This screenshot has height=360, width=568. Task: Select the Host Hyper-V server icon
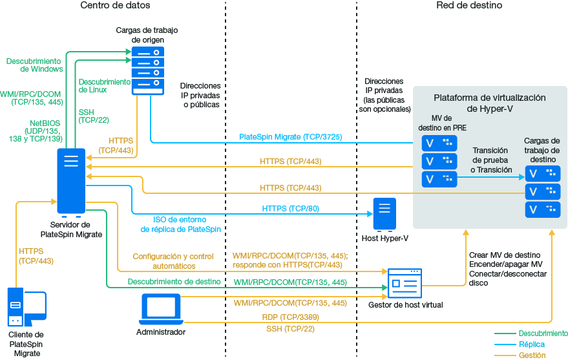[384, 215]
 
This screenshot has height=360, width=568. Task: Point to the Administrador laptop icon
[162, 310]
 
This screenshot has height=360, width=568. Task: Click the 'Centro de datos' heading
[116, 6]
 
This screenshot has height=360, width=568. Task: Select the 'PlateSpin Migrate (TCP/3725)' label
[290, 137]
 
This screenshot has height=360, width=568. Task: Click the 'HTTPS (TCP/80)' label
[290, 209]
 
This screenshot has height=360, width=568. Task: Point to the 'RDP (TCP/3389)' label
[290, 317]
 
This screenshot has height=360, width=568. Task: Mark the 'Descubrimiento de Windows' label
[34, 65]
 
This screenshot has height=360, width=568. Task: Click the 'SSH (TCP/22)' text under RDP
[290, 330]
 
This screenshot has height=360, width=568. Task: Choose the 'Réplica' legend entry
[532, 344]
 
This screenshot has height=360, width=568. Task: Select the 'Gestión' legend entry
[532, 355]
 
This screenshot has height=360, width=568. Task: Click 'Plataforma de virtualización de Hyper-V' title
[489, 103]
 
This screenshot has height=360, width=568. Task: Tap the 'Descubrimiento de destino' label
[174, 282]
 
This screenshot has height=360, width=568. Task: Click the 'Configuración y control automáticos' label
[173, 260]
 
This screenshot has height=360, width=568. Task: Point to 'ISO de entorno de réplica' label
[181, 224]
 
